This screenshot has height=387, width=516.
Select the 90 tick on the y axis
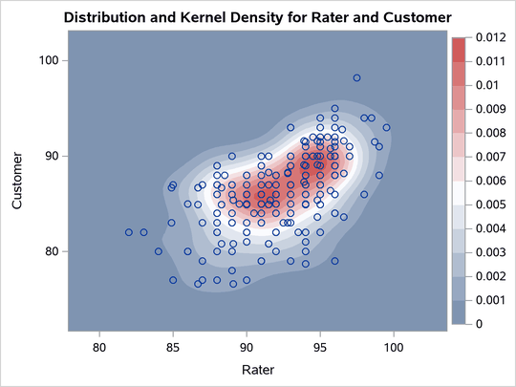point(54,156)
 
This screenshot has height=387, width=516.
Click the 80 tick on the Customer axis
point(54,251)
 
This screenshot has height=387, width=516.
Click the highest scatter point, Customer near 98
point(356,78)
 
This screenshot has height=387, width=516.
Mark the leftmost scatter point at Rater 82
point(129,232)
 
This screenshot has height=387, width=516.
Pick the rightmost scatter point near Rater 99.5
point(386,127)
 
